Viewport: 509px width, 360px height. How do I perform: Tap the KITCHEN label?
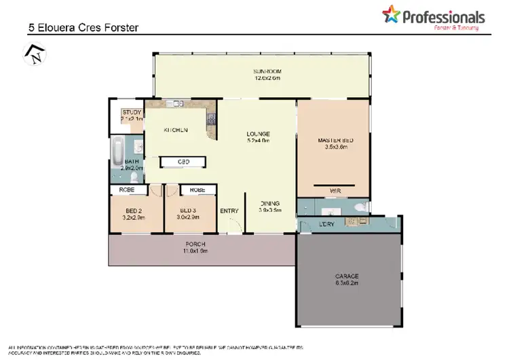[175, 130]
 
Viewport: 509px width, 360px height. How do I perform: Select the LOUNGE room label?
[259, 133]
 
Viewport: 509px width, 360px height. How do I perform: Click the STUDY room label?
[131, 113]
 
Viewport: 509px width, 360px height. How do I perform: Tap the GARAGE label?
[347, 276]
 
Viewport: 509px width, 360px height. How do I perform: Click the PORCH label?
[195, 244]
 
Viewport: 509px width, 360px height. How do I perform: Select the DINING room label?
[269, 203]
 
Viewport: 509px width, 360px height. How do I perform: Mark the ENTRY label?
[229, 211]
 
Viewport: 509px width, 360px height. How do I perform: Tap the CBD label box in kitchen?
[183, 162]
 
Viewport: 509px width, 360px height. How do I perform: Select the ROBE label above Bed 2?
[127, 190]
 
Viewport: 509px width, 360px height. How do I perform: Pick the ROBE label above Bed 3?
[197, 190]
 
